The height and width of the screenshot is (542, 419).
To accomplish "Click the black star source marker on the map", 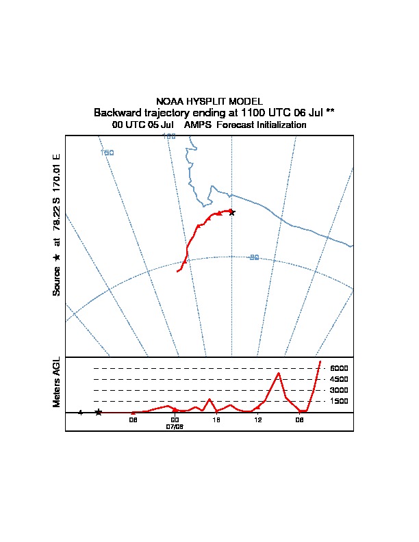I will (x=231, y=212).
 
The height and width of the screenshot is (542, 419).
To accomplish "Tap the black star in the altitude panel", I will (x=99, y=412).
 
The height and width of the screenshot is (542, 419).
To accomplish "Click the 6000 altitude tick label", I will (x=338, y=368).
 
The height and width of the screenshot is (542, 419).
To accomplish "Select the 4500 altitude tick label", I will (x=338, y=379).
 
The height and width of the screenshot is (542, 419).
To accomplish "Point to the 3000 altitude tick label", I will (x=338, y=390).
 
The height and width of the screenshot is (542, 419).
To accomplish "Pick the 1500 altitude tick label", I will (x=338, y=401).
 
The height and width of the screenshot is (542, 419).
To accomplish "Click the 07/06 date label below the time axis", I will (x=175, y=426).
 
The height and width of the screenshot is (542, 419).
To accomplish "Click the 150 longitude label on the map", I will (x=107, y=153).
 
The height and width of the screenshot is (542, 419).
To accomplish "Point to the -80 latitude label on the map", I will (x=253, y=257).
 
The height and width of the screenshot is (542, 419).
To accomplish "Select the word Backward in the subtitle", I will (x=117, y=112).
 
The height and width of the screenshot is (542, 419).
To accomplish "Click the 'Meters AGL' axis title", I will (x=57, y=382).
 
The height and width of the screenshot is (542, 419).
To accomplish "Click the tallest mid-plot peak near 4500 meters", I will (x=279, y=373).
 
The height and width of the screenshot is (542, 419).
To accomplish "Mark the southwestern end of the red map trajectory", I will (x=177, y=272).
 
